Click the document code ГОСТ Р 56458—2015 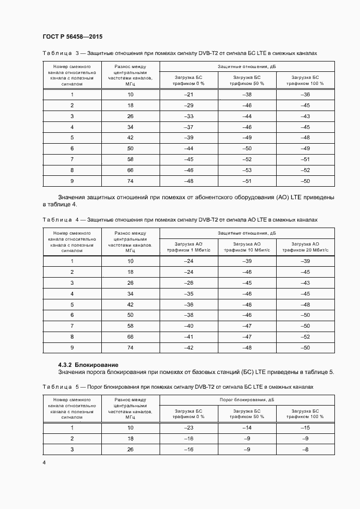coord(72,36)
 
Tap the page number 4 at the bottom coord(44,462)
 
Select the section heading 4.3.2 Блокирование coord(88,364)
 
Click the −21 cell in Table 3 coord(189,95)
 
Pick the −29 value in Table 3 coord(189,105)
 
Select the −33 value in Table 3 coord(189,116)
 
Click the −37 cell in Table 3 coord(189,127)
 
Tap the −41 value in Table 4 coord(189,337)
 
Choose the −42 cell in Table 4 coord(189,347)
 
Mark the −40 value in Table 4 coord(189,326)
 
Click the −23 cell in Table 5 coord(189,428)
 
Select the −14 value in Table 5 coord(247,428)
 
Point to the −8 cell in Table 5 coord(306,449)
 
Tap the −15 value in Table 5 coord(306,428)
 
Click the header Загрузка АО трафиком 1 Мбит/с coord(189,247)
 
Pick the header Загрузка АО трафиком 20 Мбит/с coord(306,247)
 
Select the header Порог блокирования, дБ coord(247,399)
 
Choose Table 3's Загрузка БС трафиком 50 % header coord(247,81)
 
